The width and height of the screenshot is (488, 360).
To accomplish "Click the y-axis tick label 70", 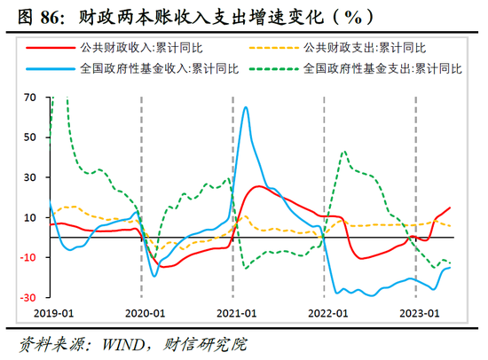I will point(30,98).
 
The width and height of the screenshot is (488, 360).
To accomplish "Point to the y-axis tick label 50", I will point(30,137).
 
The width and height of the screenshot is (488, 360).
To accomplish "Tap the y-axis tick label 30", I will point(30,177).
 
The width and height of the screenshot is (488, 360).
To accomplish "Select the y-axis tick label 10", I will point(30,217).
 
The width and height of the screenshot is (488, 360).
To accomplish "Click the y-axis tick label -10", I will point(28,257).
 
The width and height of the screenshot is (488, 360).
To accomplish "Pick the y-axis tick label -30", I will point(28,297).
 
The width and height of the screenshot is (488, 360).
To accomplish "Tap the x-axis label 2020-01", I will point(145,313).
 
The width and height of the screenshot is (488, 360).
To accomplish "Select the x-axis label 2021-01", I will point(236,313).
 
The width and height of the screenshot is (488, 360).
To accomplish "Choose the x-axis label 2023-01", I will point(420,313).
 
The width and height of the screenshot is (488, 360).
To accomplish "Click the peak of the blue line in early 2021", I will point(246,107).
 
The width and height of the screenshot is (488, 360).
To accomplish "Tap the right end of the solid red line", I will point(450,207).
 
